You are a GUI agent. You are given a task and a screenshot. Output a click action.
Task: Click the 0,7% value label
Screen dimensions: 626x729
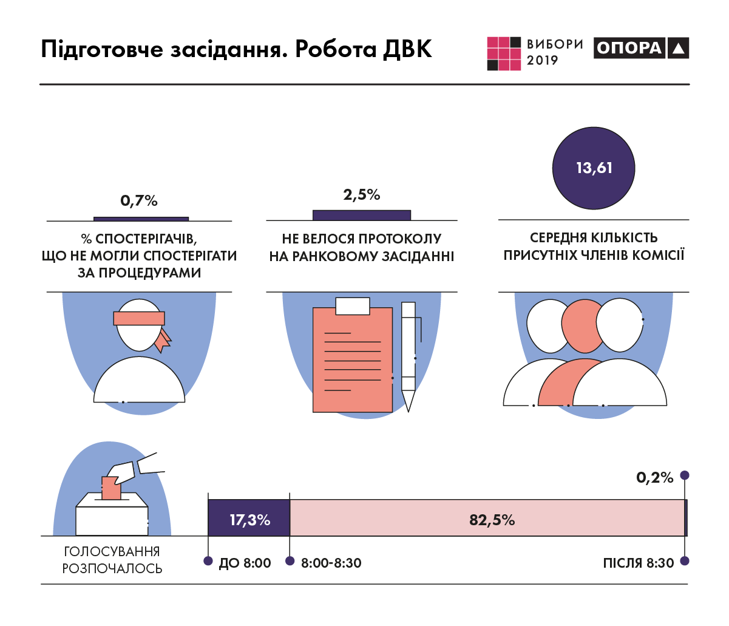pos(139,200)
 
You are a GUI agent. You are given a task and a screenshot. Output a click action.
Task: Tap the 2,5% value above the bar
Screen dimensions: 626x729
pos(362,194)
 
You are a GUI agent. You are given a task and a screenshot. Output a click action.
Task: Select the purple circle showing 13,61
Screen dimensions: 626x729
pos(594,168)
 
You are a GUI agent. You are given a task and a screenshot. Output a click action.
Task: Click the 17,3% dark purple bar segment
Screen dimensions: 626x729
pos(249,519)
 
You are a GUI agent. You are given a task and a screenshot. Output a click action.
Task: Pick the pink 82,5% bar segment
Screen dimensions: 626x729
pos(492,519)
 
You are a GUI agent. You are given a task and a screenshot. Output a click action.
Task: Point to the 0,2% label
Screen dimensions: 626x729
pos(655,478)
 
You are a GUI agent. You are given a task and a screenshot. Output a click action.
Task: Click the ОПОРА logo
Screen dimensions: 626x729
pos(641,48)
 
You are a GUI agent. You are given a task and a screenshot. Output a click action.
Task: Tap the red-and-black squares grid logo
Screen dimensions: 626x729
pos(504,53)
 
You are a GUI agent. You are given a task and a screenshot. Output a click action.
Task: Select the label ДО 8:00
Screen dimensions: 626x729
pos(245,563)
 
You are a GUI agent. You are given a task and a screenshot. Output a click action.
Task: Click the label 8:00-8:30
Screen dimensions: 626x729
pos(331,563)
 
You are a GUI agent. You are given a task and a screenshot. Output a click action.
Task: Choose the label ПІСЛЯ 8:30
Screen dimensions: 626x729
pos(639,563)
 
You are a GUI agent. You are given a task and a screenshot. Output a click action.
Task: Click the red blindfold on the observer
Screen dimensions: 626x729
pos(139,318)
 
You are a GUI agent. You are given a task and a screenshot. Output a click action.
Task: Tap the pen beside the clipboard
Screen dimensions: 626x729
pos(409,355)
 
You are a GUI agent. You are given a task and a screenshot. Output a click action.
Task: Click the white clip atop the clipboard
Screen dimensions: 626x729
pos(353,306)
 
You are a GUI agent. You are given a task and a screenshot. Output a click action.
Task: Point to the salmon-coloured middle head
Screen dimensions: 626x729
pos(582,327)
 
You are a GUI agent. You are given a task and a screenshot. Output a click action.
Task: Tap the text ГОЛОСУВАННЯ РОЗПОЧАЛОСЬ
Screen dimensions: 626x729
pos(112,560)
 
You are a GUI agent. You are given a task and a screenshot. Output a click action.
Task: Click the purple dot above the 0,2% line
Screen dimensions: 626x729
pos(685,475)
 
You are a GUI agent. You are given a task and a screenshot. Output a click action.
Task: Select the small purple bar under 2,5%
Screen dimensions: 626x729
pos(362,215)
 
